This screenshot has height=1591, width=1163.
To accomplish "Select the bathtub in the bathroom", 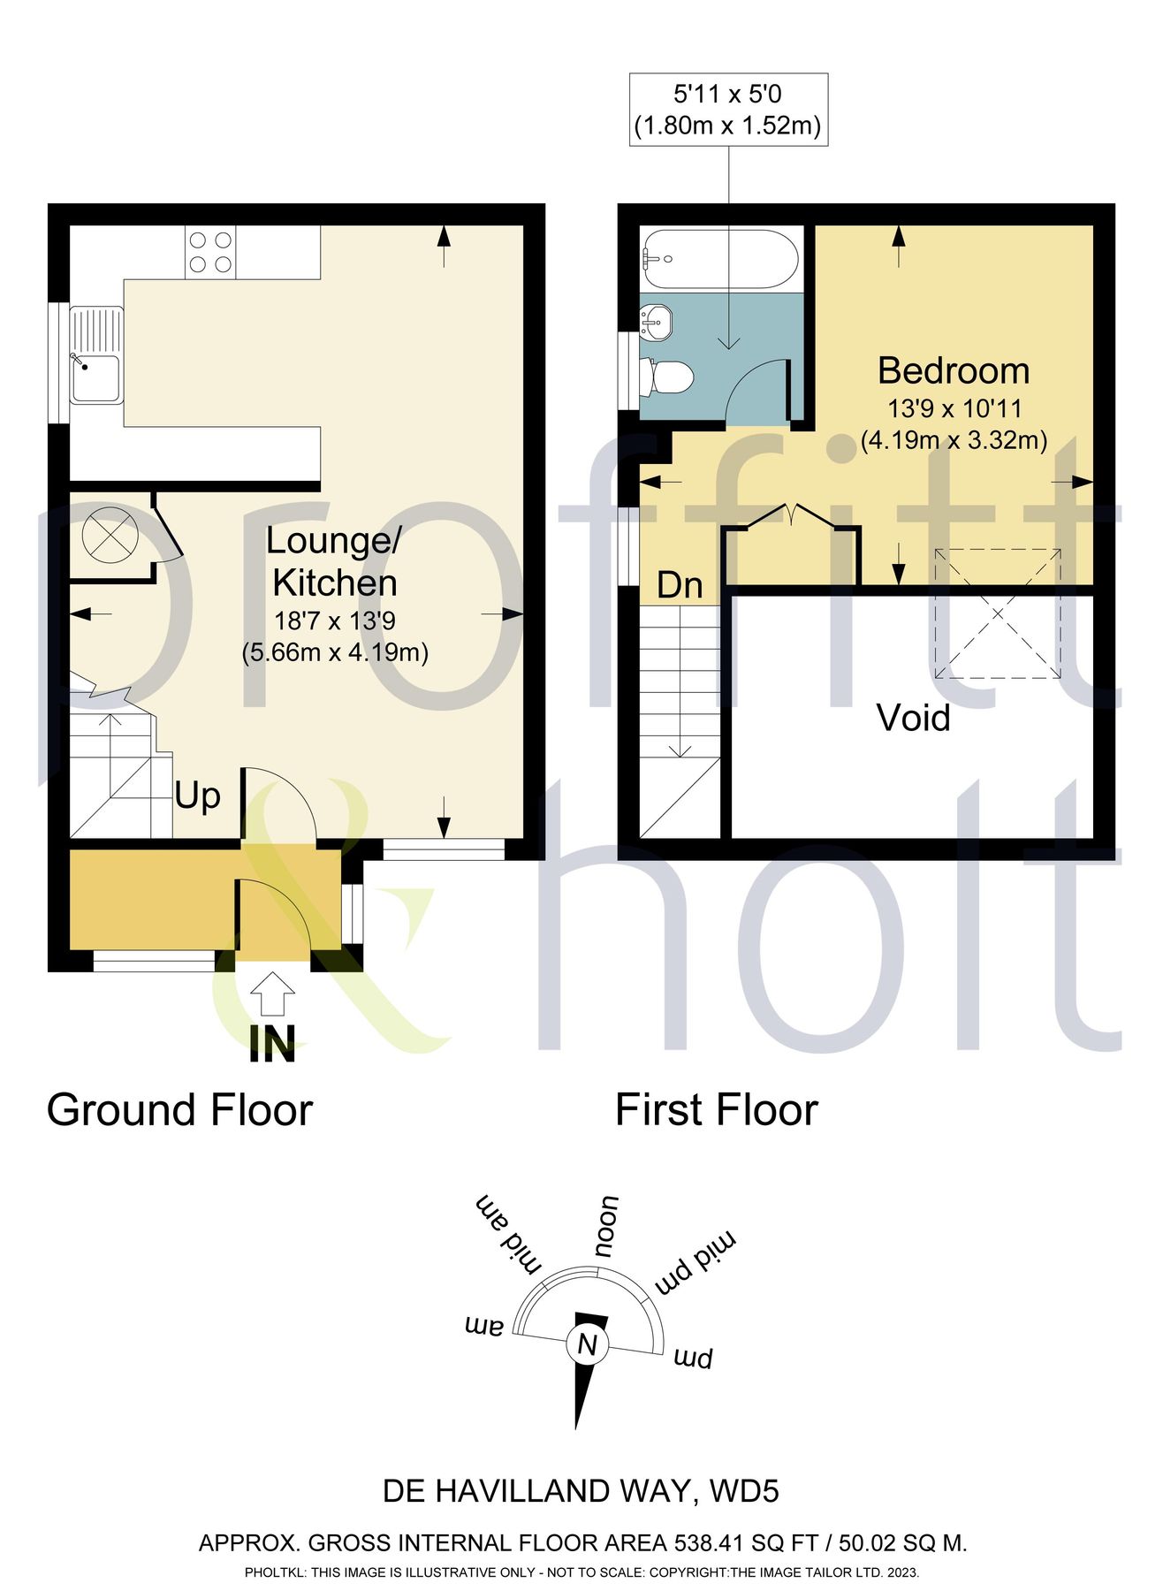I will coord(720,259).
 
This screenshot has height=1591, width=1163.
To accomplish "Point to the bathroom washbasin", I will coord(657,322).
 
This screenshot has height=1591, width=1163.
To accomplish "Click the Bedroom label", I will coord(954,370).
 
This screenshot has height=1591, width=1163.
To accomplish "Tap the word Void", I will coord(914,718).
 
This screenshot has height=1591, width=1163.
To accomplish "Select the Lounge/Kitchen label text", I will coord(334,562).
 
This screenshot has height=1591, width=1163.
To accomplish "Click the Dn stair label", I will coord(680,585).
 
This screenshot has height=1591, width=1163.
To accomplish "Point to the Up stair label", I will coord(197,796).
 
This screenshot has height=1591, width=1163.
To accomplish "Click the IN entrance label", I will coord(272,1044).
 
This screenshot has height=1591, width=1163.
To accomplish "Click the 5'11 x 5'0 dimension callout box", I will coord(728,110).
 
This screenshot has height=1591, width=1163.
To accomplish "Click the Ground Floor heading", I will coord(179,1110).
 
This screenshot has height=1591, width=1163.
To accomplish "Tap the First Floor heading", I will coord(717,1110).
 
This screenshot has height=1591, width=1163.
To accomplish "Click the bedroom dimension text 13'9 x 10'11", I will coord(954,409).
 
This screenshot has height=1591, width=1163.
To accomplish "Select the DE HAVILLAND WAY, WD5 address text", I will coord(581,1492).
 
